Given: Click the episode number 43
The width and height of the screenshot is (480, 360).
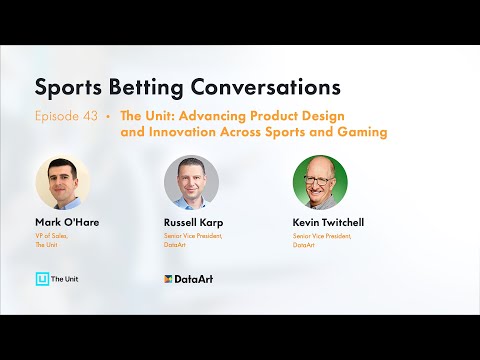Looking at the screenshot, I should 90,116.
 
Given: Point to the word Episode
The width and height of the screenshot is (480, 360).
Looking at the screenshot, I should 58,116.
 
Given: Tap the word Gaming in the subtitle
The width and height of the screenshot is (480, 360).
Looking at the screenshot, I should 362,131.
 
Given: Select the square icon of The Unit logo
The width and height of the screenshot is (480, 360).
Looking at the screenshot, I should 42,277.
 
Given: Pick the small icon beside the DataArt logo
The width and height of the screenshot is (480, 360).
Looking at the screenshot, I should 169,278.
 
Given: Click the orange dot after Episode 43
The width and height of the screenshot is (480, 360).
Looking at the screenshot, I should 108,116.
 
